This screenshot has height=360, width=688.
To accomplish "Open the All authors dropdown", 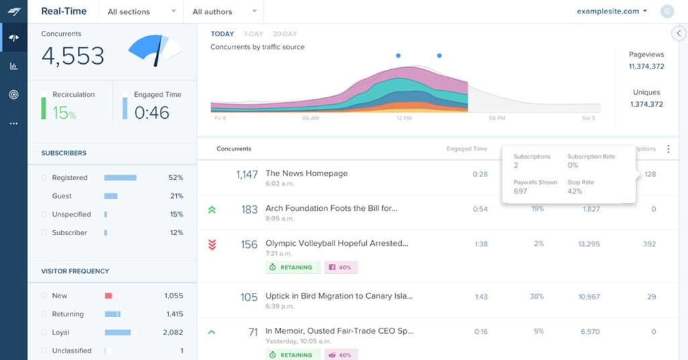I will (224, 11).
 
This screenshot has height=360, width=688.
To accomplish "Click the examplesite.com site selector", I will (611, 11).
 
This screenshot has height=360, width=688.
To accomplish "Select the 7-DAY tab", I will (253, 34).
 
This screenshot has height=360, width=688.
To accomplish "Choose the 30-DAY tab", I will (284, 34).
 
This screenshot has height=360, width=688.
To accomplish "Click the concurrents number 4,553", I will (73, 56).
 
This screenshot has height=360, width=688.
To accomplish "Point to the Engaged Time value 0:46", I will (152, 113).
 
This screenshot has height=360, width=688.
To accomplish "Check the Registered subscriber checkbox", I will (44, 178).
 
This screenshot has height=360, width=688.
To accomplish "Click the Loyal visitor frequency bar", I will (118, 332).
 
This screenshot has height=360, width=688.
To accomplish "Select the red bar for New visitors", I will (108, 296).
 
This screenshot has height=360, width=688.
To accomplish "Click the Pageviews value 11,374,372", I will (646, 66).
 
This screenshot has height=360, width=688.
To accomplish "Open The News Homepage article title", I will (306, 173).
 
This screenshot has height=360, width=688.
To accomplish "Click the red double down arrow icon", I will (212, 244).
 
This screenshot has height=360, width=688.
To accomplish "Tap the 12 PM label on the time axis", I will (403, 118).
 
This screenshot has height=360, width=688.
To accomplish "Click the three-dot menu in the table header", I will (668, 149).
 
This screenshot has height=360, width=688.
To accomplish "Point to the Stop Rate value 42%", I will (574, 191).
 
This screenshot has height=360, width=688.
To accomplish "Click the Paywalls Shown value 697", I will (521, 191).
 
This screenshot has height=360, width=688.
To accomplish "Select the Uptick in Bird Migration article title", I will (339, 296).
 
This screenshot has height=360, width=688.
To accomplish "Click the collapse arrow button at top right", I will (679, 34).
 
